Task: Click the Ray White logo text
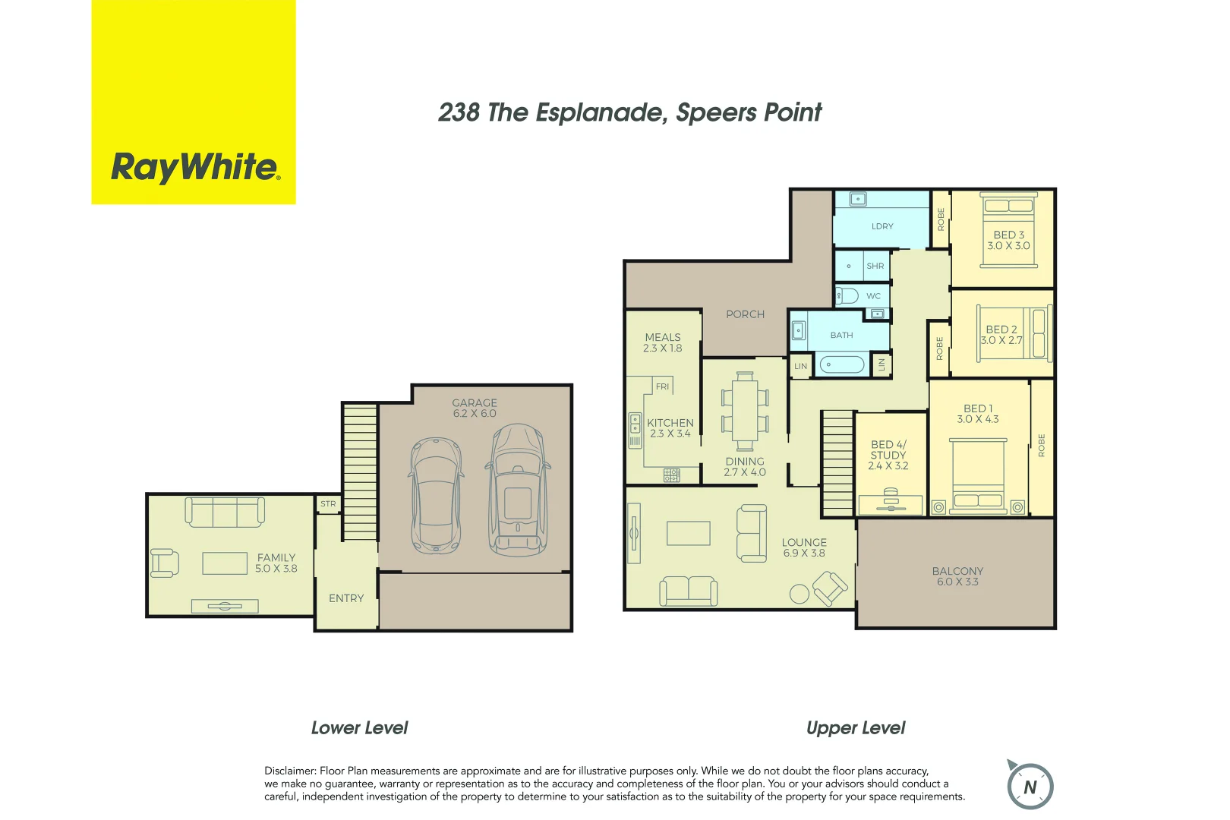pyautogui.click(x=195, y=167)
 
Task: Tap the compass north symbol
pyautogui.click(x=1030, y=787)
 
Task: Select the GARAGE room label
pyautogui.click(x=475, y=403)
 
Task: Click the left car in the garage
pyautogui.click(x=436, y=495)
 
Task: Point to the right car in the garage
pyautogui.click(x=518, y=490)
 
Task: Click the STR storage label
pyautogui.click(x=328, y=504)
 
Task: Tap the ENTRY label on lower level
pyautogui.click(x=346, y=598)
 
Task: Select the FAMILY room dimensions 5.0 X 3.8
pyautogui.click(x=276, y=569)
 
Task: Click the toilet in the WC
pyautogui.click(x=847, y=296)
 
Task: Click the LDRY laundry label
pyautogui.click(x=882, y=226)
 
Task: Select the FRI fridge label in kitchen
pyautogui.click(x=663, y=386)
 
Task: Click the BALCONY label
pyautogui.click(x=957, y=571)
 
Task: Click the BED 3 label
pyautogui.click(x=1009, y=235)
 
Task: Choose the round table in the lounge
pyautogui.click(x=799, y=594)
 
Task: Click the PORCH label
pyautogui.click(x=745, y=314)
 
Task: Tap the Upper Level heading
pyautogui.click(x=856, y=728)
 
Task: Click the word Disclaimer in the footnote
pyautogui.click(x=289, y=771)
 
